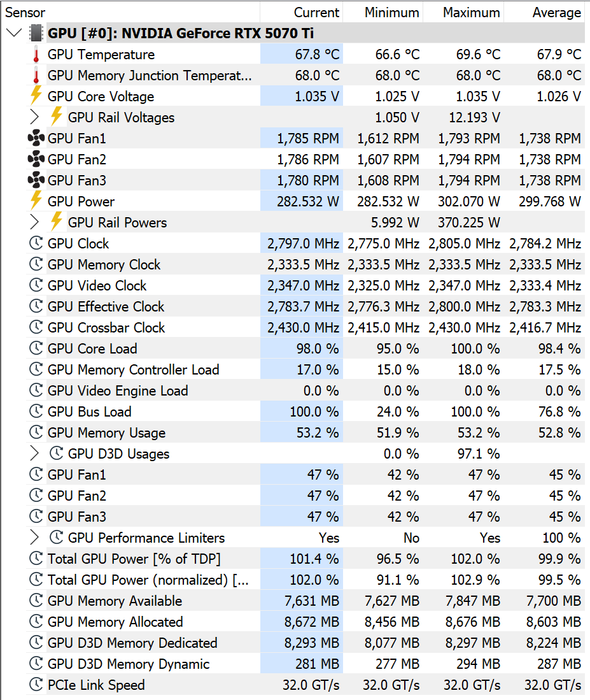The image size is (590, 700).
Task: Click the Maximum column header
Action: click(x=472, y=13)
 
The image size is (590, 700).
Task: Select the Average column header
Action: click(x=556, y=13)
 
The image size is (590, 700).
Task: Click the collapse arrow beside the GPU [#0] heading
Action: click(x=14, y=33)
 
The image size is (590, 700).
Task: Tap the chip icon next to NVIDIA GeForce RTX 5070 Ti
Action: click(x=36, y=33)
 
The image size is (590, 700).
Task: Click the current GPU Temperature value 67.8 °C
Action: click(x=317, y=55)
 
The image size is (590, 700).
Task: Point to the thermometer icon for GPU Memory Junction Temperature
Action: click(x=36, y=76)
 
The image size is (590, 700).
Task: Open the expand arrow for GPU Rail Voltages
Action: click(x=34, y=117)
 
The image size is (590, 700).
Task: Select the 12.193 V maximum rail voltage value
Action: click(x=475, y=117)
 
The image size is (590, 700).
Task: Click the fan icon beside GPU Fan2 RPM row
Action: click(x=36, y=159)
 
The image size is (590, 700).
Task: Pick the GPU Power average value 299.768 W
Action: click(x=550, y=201)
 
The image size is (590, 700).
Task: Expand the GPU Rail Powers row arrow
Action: click(x=34, y=222)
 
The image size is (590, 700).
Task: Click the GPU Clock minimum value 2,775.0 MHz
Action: click(x=384, y=244)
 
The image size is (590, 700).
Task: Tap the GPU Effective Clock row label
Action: click(x=106, y=307)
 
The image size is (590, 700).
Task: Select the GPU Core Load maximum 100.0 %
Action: click(x=475, y=348)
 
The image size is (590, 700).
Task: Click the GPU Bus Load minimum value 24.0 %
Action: click(x=398, y=411)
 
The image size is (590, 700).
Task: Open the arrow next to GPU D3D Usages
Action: click(x=34, y=453)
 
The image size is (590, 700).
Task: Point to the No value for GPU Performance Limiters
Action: click(x=411, y=538)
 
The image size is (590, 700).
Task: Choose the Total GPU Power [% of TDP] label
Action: click(x=134, y=559)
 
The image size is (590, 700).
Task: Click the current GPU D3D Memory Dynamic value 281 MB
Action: click(x=317, y=664)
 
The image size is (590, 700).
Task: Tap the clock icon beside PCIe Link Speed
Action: click(x=36, y=684)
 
